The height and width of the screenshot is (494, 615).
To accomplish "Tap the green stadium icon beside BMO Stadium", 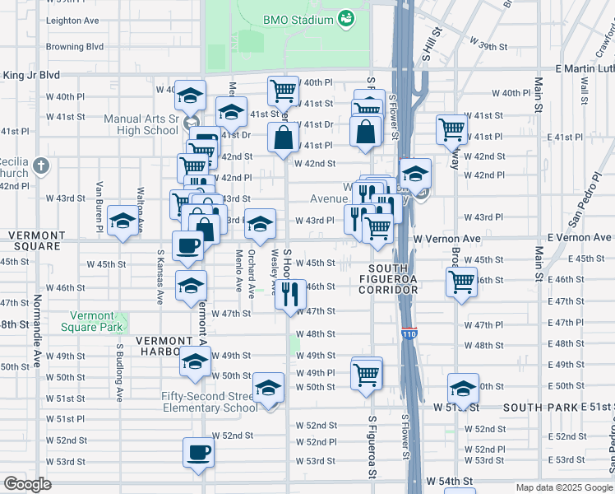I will click(346, 18).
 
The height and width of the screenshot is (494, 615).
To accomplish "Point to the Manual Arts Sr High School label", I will click(141, 124).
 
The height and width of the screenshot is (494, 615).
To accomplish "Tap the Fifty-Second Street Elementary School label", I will click(209, 402).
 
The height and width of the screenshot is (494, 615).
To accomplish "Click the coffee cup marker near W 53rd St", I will click(198, 453).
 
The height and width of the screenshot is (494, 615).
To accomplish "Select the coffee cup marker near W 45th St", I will click(187, 245).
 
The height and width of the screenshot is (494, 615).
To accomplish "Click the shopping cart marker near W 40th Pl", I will click(282, 89).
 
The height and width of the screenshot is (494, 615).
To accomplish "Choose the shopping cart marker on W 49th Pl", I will click(366, 374).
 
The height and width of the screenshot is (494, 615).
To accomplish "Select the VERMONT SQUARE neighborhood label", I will click(35, 240).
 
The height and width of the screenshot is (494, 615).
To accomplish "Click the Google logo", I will click(27, 484).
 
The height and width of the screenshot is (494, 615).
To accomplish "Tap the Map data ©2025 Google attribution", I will click(564, 487).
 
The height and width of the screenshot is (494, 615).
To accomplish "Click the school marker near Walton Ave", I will click(123, 221).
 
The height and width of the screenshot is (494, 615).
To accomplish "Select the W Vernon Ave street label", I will click(446, 238).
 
